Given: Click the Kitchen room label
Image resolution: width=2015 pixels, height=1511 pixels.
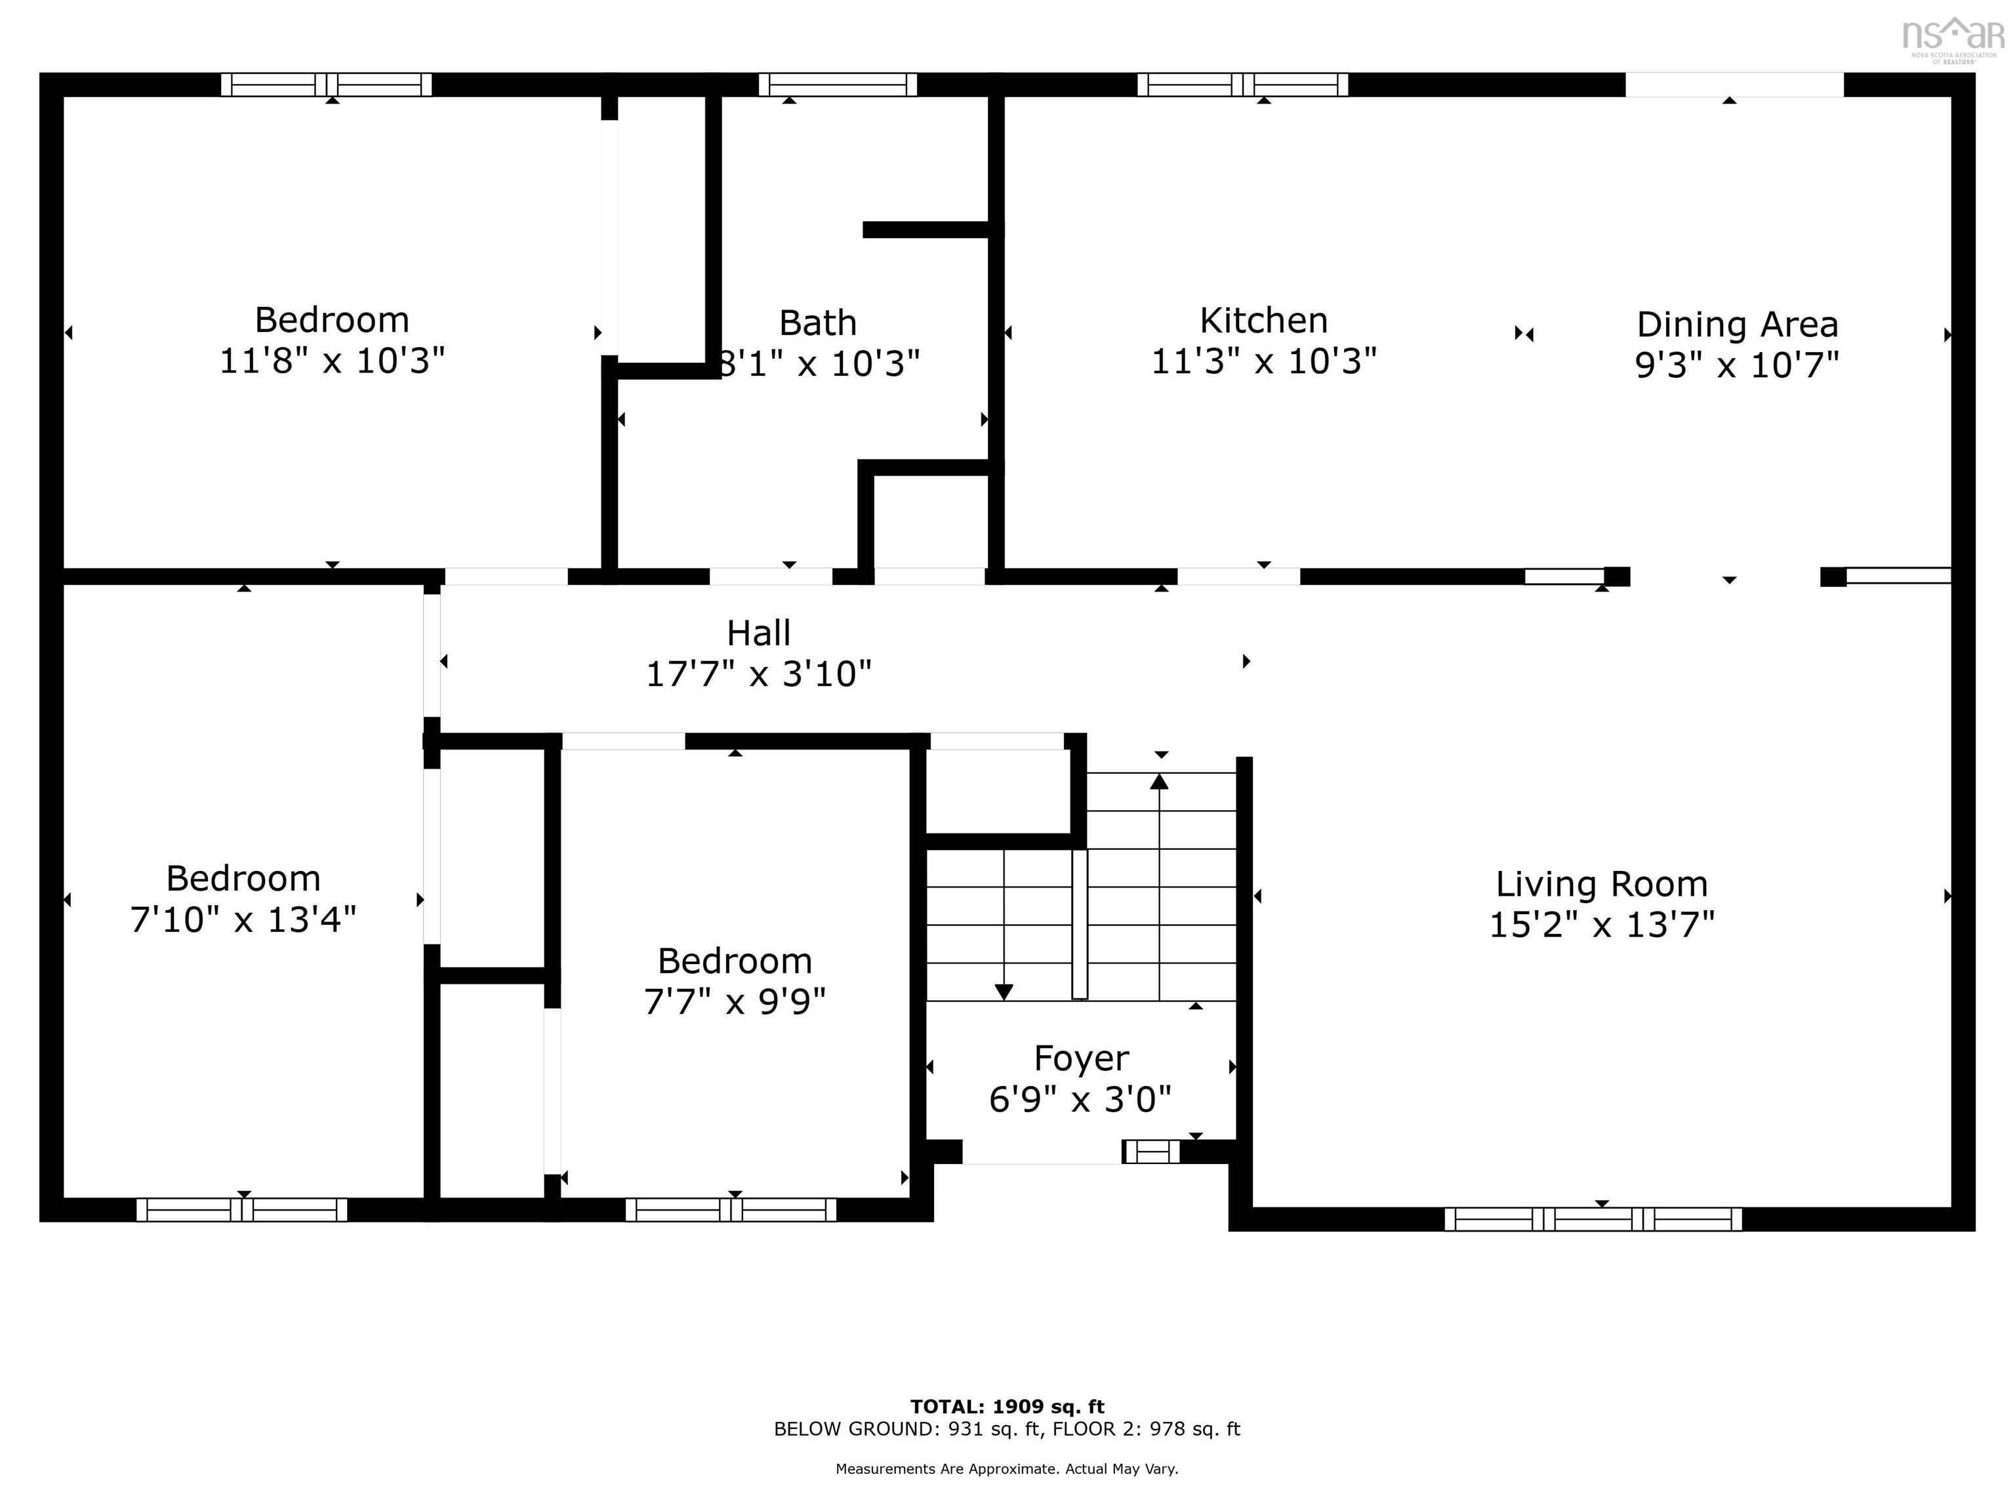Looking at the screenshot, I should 1263,321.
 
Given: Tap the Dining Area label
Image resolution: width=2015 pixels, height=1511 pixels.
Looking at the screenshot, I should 1736,324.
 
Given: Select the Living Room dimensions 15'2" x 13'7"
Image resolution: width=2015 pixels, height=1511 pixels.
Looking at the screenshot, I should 1601,925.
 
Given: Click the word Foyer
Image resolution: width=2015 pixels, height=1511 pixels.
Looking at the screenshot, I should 1080,1058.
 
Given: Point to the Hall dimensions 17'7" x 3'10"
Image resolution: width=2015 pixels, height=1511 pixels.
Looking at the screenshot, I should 758,675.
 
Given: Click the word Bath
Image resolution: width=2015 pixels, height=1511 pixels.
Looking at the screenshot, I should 817,323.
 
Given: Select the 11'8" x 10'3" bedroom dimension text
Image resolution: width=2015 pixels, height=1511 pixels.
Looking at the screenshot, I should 332,361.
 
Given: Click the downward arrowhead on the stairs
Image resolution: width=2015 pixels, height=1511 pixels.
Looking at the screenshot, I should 1003,992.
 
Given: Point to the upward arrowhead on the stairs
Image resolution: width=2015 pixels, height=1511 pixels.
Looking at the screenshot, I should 1159,782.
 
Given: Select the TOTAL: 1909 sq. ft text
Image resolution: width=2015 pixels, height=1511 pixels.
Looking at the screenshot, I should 1007,1407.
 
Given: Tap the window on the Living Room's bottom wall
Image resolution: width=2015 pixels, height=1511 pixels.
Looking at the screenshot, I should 1593,1219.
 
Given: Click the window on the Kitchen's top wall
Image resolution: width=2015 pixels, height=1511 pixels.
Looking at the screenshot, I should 1242,85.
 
